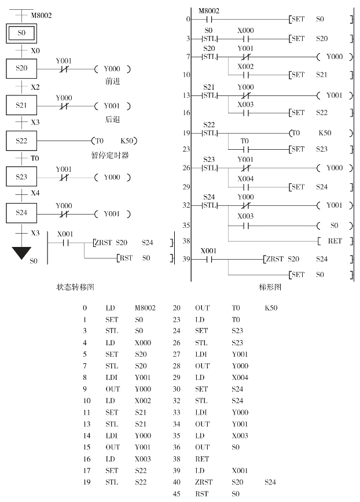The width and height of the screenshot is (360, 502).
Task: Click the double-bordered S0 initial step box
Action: [21, 34]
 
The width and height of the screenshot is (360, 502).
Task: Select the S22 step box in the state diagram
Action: [21, 141]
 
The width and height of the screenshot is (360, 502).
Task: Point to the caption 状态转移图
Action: [75, 286]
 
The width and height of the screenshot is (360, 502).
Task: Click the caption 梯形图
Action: [269, 286]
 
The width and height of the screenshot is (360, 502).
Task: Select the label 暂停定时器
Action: [110, 156]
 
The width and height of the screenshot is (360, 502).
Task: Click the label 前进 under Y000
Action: [112, 82]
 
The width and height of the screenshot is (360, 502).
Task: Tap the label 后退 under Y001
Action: [112, 119]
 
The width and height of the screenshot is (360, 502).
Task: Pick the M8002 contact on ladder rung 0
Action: [210, 19]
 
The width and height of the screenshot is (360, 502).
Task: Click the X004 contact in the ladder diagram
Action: [245, 186]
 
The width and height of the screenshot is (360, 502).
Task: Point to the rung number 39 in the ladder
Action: [185, 259]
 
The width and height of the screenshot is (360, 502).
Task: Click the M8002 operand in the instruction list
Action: [145, 308]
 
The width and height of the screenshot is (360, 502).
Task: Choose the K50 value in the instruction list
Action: [270, 308]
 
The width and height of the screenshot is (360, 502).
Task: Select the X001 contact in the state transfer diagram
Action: [65, 242]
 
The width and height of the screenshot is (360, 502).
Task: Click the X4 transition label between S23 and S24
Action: [35, 194]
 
